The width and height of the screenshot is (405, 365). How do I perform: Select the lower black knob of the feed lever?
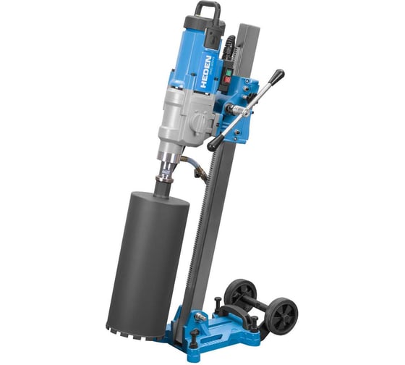click(213, 146)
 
